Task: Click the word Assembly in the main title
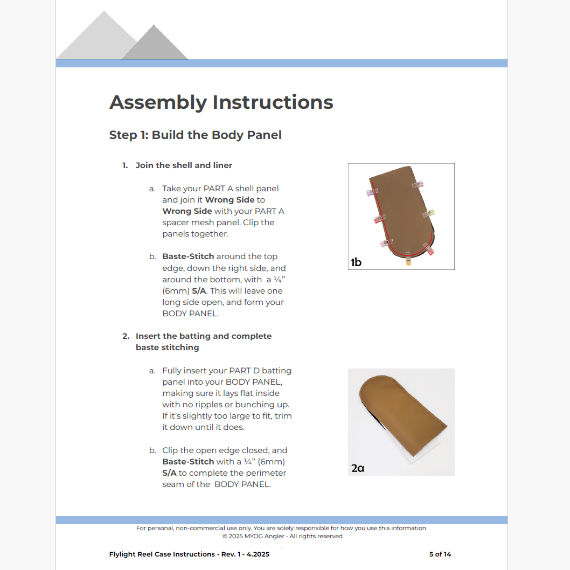pyautogui.click(x=158, y=102)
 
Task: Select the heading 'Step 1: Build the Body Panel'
pyautogui.click(x=195, y=135)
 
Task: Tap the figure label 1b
pyautogui.click(x=356, y=262)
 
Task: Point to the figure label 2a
pyautogui.click(x=358, y=468)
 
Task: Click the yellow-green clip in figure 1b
pyautogui.click(x=429, y=213)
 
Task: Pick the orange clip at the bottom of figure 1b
pyautogui.click(x=408, y=262)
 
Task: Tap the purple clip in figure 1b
pyautogui.click(x=373, y=192)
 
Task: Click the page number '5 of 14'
pyautogui.click(x=440, y=554)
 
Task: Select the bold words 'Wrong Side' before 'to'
pyautogui.click(x=230, y=200)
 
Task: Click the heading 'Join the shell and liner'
pyautogui.click(x=184, y=165)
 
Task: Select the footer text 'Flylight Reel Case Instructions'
pyautogui.click(x=162, y=554)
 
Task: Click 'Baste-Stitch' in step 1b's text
pyautogui.click(x=188, y=256)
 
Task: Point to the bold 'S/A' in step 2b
pyautogui.click(x=169, y=473)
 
